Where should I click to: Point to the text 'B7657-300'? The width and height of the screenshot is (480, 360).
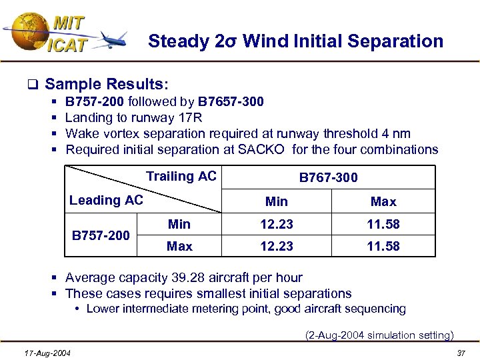coord(231,102)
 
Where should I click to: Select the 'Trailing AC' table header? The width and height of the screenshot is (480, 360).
coord(181,177)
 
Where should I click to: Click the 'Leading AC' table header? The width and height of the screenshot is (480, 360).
coord(106,200)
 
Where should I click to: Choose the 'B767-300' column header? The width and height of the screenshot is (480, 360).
coord(328,177)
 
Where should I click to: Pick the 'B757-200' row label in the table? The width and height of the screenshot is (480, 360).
coord(101,235)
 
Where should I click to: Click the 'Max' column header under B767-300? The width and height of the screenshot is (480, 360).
coord(383,201)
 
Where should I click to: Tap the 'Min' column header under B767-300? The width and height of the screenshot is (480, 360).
coord(277,201)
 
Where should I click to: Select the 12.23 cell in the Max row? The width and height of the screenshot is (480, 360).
coord(277,246)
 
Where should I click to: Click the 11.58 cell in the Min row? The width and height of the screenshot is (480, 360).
coord(383,225)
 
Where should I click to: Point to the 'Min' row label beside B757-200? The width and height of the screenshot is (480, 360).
coord(179,225)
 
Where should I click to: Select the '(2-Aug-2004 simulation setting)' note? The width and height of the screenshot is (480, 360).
coord(379,335)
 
